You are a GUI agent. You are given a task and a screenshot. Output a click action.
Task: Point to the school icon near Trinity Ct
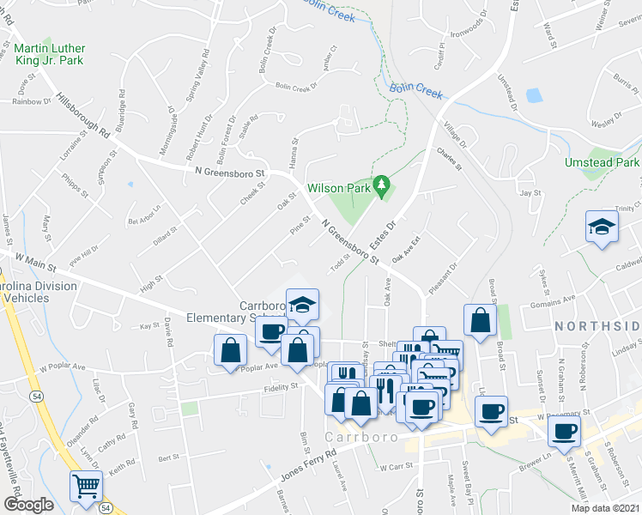click(x=602, y=227)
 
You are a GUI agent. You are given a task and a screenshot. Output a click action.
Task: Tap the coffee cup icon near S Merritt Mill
click(x=564, y=431)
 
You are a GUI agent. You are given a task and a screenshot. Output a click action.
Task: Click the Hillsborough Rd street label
click(x=83, y=115)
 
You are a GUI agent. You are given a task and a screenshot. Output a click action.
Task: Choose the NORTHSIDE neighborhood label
click(x=597, y=326)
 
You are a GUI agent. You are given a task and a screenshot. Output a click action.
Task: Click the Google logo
click(x=28, y=504)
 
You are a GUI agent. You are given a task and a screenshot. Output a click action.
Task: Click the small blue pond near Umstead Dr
click(x=535, y=94)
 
